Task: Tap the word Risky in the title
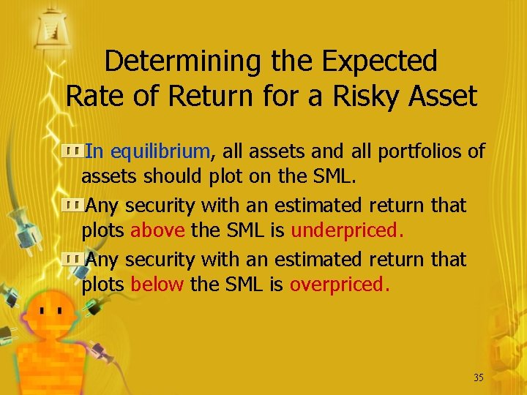351,96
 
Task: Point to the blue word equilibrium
161,151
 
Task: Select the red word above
157,231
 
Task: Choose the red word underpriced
347,231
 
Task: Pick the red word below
157,284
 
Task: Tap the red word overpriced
340,284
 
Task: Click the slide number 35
479,377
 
